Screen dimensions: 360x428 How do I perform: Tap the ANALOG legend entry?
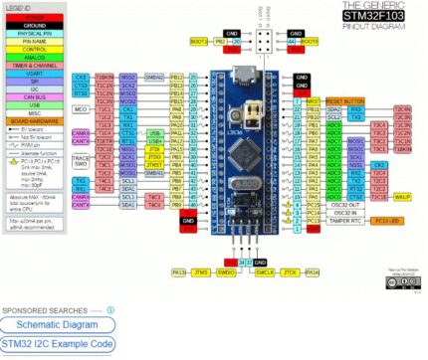[33, 56]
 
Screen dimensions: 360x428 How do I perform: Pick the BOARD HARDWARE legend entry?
[33, 120]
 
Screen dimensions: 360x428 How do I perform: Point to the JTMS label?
[201, 271]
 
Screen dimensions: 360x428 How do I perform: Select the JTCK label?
[290, 271]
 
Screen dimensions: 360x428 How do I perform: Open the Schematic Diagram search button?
[57, 324]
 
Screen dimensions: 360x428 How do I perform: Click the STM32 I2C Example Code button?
[57, 344]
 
